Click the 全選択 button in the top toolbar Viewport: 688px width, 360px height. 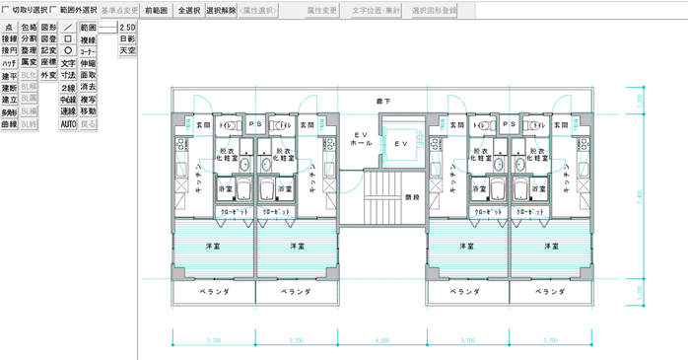coord(188,10)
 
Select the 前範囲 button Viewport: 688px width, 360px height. coord(155,10)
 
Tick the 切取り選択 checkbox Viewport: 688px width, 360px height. coord(8,10)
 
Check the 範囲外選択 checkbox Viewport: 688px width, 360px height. coord(55,10)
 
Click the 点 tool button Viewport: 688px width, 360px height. coord(9,28)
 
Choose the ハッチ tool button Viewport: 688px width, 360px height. coord(9,63)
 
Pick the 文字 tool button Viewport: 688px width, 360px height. coord(68,63)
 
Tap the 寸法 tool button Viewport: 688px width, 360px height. coord(68,75)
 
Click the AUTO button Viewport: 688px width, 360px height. coord(68,124)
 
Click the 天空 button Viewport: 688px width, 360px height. coord(127,50)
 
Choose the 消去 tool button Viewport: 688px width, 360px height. coord(88,88)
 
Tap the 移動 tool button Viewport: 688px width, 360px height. coord(88,111)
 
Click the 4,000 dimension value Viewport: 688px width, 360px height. coord(382,340)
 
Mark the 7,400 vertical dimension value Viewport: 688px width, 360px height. coord(640,194)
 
